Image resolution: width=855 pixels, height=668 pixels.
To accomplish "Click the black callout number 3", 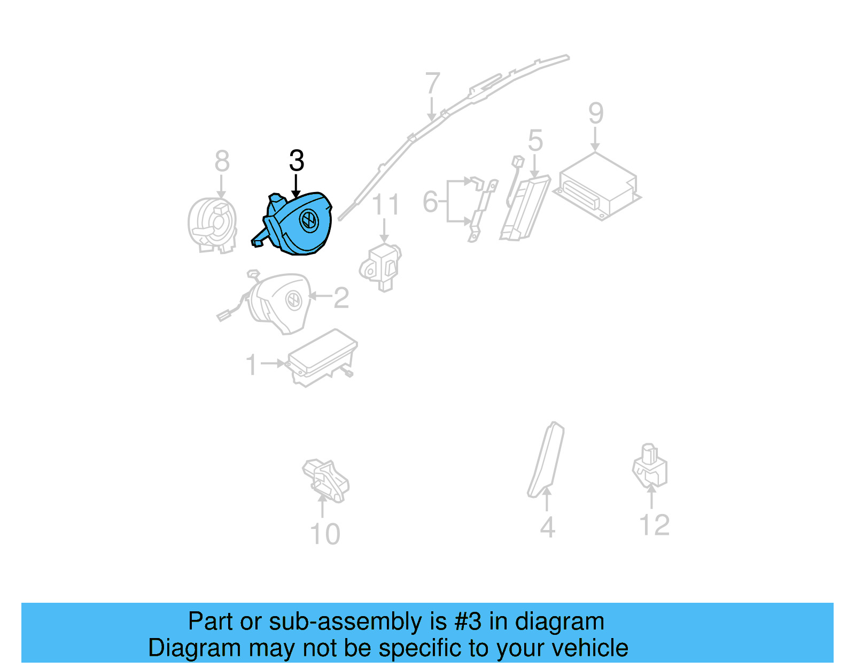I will pos(297,161).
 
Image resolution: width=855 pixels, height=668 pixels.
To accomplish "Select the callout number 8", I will pos(222,162).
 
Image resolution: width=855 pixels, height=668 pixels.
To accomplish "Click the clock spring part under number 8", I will pos(212,225).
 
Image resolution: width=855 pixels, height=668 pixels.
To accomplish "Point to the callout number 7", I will pos(432,85).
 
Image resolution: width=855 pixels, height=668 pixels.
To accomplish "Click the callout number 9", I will pos(596,114).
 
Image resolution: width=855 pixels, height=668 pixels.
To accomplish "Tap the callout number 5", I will pos(535,141).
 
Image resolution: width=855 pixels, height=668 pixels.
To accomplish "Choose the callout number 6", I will pos(430,202).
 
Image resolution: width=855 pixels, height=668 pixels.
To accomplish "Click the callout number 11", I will pos(385,205).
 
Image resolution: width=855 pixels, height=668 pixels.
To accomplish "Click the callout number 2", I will pos(341,298).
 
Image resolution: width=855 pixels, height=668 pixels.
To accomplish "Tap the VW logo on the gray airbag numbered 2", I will pos(293,300).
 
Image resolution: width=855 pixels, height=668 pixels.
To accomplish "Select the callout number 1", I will pos(251,365).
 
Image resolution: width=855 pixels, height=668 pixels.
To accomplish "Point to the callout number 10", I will pos(325,534).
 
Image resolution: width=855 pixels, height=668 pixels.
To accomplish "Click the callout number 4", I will pos(548,527).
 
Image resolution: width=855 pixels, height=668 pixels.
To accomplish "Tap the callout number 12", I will pos(654,525).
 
